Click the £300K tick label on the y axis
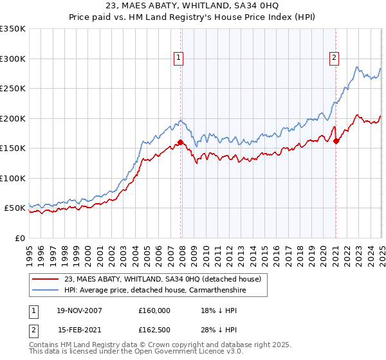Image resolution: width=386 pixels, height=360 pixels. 13,59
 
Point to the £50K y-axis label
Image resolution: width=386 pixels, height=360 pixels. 15,208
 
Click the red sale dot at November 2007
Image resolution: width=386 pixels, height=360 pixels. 181,142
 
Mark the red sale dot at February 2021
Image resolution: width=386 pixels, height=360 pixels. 336,141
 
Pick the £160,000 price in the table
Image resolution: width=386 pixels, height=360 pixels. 154,310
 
